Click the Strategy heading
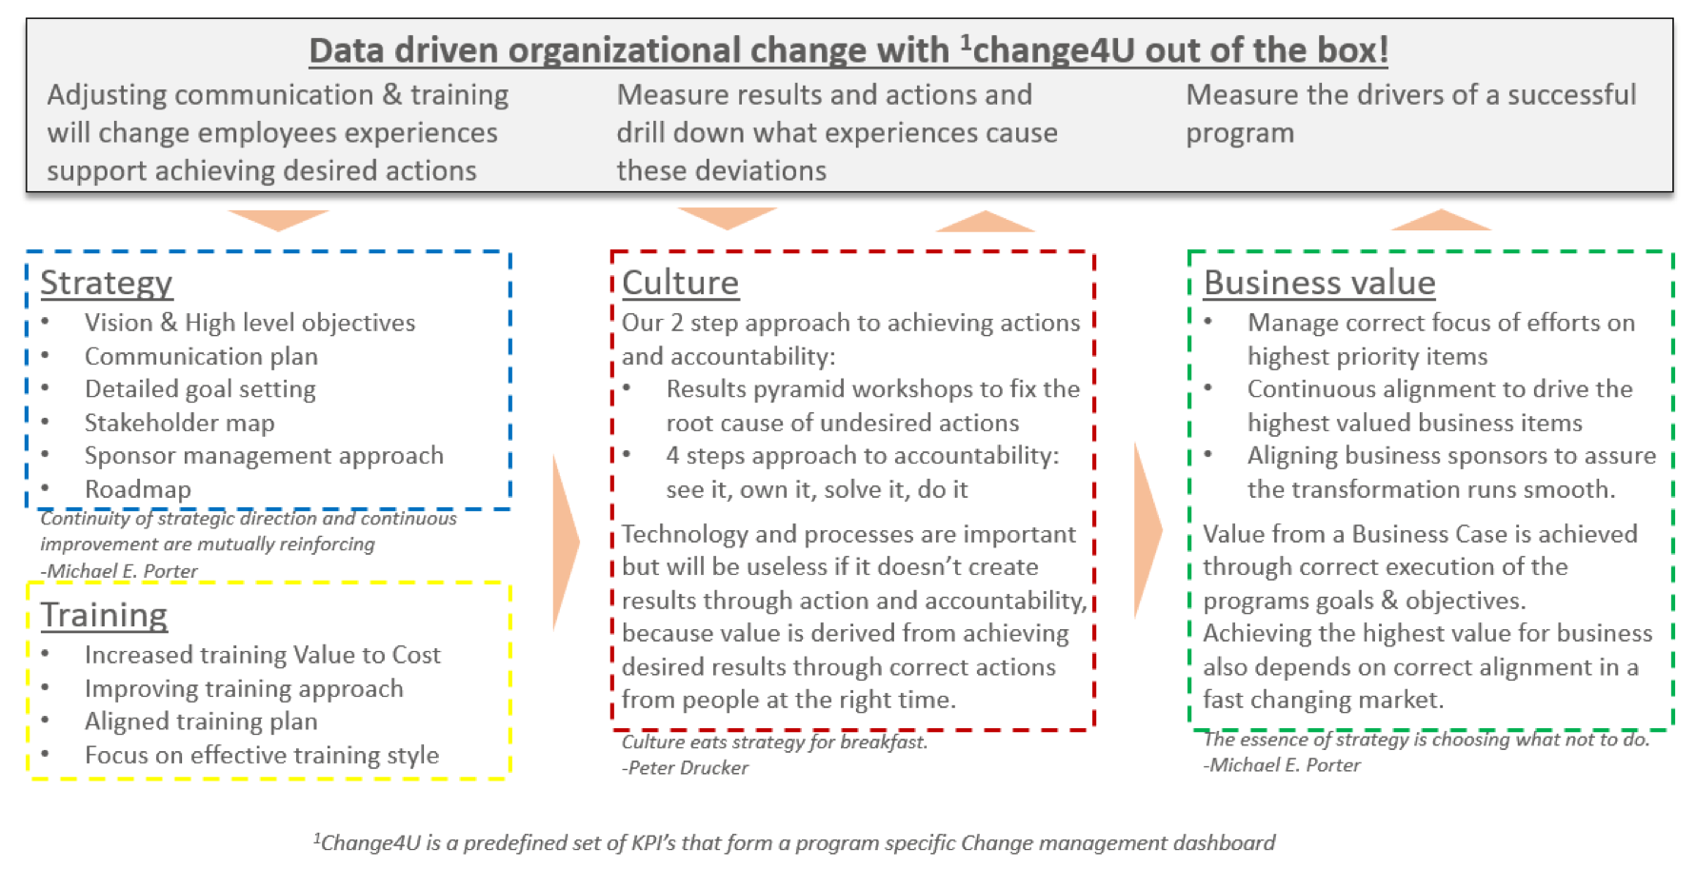click(106, 283)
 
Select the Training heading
click(104, 615)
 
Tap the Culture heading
click(680, 283)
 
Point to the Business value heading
click(1319, 283)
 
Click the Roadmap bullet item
click(138, 489)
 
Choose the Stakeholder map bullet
click(179, 423)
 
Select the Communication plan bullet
click(201, 356)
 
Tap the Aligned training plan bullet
click(201, 722)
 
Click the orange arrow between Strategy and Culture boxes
click(565, 543)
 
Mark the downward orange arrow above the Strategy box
click(278, 219)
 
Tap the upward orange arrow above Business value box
click(1441, 220)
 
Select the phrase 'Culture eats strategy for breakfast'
click(773, 741)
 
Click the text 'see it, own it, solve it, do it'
click(816, 489)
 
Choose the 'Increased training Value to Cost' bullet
click(262, 655)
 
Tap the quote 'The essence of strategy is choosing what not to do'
click(1426, 740)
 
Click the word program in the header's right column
click(1239, 133)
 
